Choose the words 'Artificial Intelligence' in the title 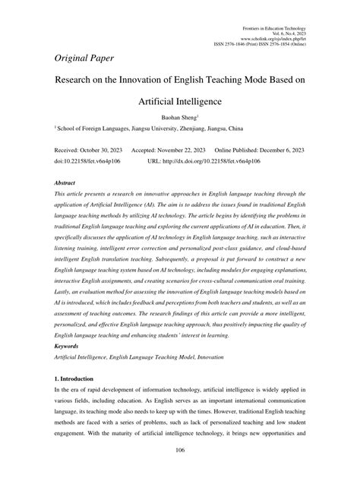pyautogui.click(x=180, y=100)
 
